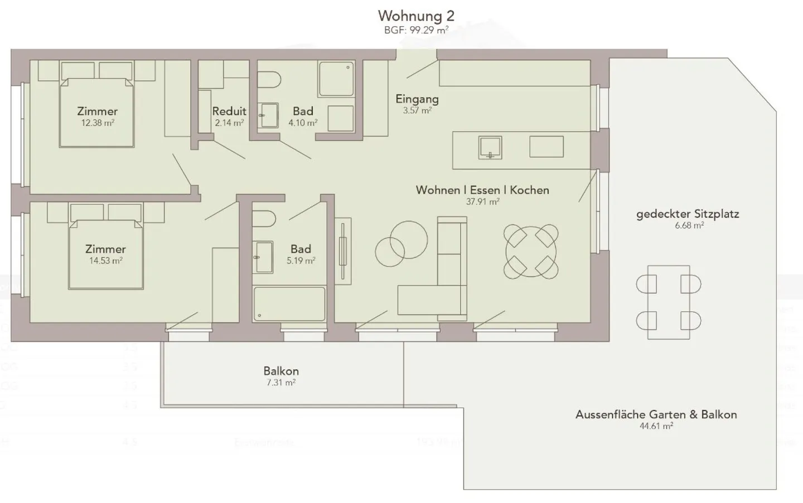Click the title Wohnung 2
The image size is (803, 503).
pos(415,15)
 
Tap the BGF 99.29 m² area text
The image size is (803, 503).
pos(415,30)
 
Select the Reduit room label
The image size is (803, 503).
pos(229,111)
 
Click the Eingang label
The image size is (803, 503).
pos(417,99)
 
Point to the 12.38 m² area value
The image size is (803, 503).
pos(98,123)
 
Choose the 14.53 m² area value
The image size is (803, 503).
pos(105,260)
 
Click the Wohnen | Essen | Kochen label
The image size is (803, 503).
pos(482,190)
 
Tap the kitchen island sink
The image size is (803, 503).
pos(490,147)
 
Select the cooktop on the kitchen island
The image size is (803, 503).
pos(546,147)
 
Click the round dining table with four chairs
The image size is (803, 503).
pos(531,251)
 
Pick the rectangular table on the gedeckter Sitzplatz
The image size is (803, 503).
pos(669,302)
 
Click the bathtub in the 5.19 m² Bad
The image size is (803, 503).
pos(289,304)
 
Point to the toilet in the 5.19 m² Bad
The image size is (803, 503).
pos(264,219)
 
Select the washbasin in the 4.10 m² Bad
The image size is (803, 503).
pos(269,115)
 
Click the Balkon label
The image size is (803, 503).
pos(281,371)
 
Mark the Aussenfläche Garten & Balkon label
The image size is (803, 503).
pos(656,414)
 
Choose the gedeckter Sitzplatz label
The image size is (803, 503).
pos(688,214)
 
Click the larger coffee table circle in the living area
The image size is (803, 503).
pos(409,240)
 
